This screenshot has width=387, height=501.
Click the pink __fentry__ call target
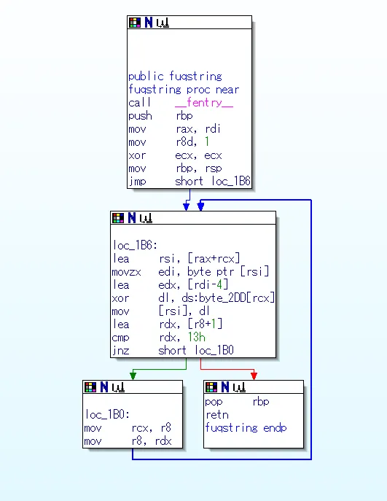pos(204,103)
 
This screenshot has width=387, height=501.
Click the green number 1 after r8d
pos(207,141)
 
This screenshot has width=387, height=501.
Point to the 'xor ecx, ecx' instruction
pos(175,155)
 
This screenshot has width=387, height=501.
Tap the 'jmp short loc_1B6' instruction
pos(189,182)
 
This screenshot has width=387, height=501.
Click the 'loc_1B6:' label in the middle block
pos(135,245)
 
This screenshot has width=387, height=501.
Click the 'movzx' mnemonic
pos(126,272)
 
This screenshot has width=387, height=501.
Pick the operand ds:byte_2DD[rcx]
pos(228,298)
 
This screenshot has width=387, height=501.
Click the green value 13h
pos(196,337)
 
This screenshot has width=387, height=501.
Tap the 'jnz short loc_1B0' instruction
pos(173,351)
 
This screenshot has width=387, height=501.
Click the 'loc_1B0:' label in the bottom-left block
pos(107,415)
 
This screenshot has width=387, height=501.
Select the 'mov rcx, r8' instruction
pos(128,428)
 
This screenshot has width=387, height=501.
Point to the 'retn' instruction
pos(217,415)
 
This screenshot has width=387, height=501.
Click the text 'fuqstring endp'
pos(246,428)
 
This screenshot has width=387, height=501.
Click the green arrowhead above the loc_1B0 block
pos(133,376)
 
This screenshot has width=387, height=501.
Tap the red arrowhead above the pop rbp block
pos(254,376)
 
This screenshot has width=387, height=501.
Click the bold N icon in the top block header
pos(149,23)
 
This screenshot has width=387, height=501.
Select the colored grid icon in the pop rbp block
pos(211,387)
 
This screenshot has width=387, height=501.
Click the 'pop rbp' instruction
pos(238,402)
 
